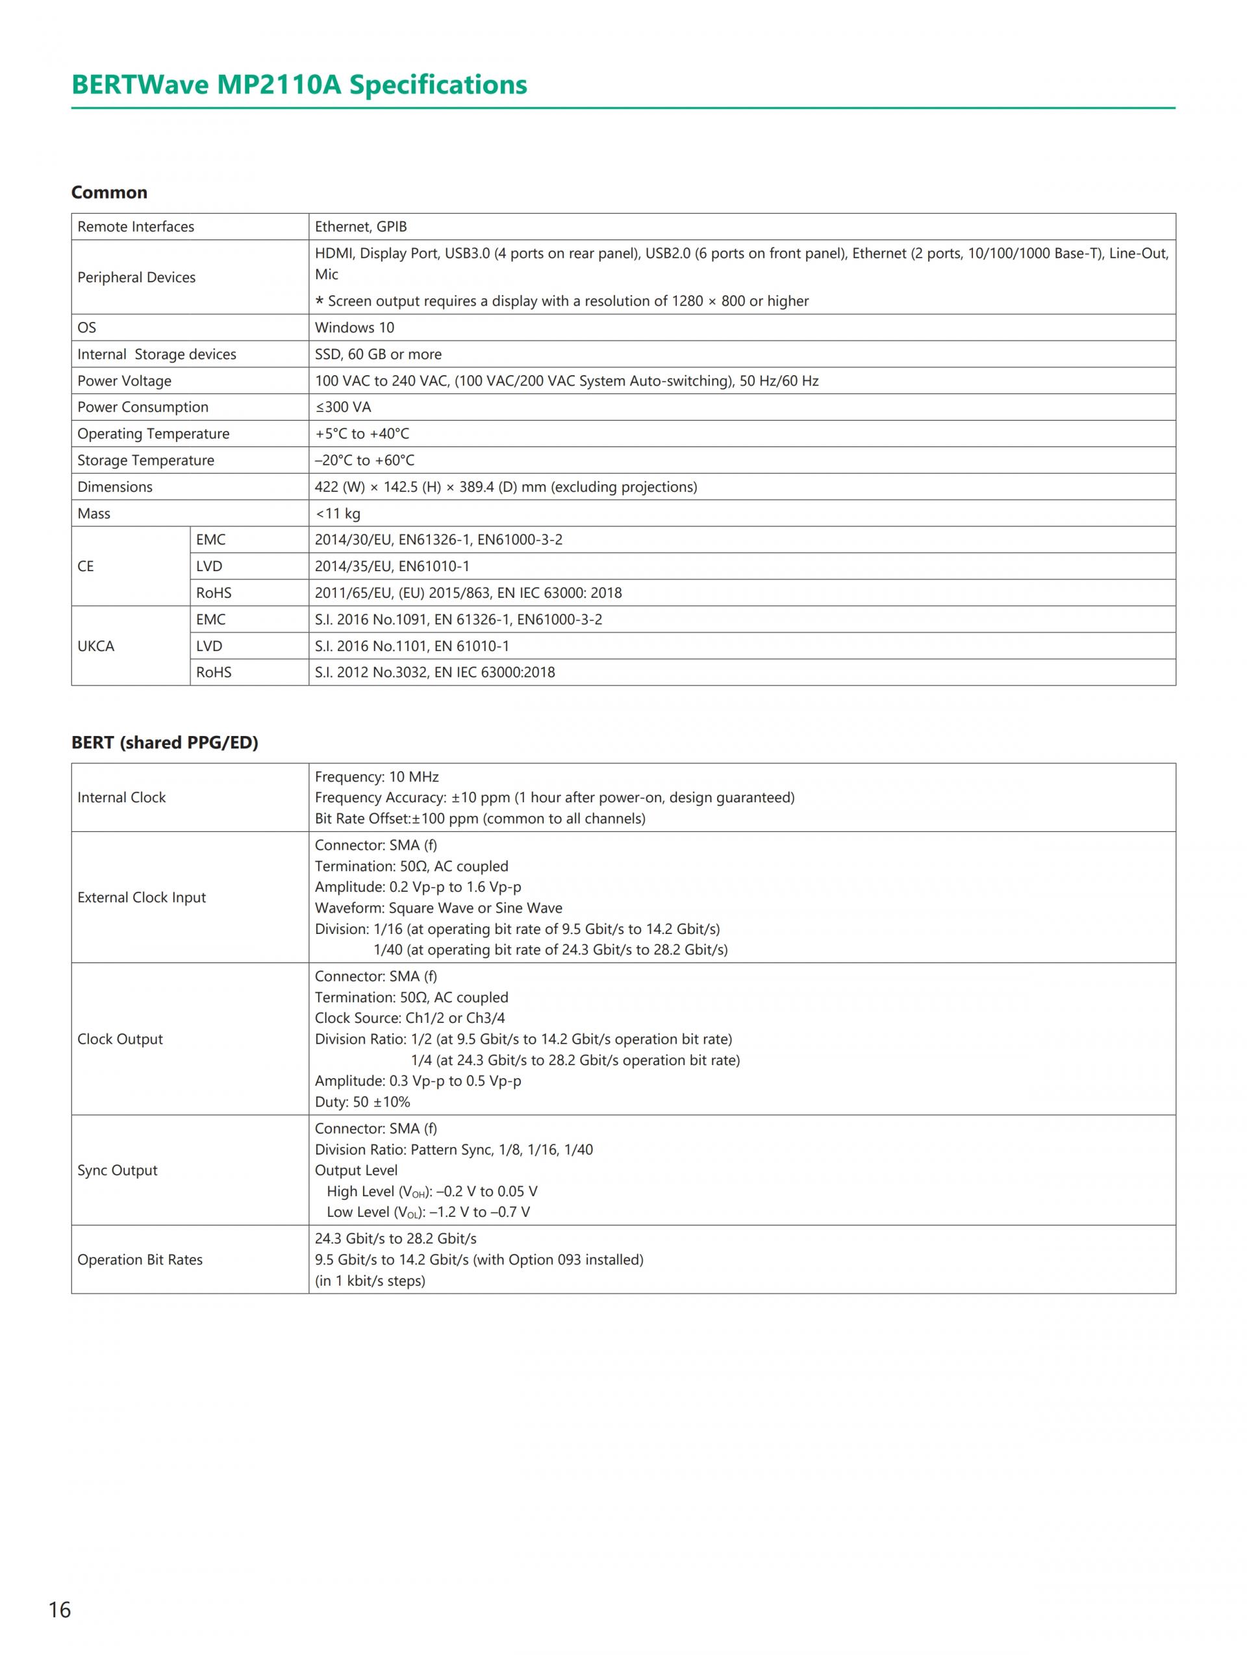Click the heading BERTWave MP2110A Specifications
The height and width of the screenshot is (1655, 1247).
299,84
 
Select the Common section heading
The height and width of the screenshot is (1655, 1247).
109,192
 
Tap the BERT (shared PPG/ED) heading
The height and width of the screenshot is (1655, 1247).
165,742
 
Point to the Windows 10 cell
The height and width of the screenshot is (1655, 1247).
354,328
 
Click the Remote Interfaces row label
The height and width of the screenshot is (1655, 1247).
136,227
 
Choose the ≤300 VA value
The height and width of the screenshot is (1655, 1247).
343,407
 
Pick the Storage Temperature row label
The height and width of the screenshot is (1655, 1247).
146,460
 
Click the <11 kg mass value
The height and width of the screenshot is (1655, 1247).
338,513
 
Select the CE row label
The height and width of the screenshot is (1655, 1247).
86,567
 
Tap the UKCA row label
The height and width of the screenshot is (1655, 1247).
96,646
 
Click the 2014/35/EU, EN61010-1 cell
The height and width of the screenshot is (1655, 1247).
392,567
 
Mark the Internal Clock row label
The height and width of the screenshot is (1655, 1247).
121,798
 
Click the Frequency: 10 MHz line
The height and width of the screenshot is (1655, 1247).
377,777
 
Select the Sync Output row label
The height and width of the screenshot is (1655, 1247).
118,1170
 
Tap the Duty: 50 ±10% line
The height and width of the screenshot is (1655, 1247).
362,1102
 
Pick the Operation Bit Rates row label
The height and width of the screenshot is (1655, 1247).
140,1259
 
